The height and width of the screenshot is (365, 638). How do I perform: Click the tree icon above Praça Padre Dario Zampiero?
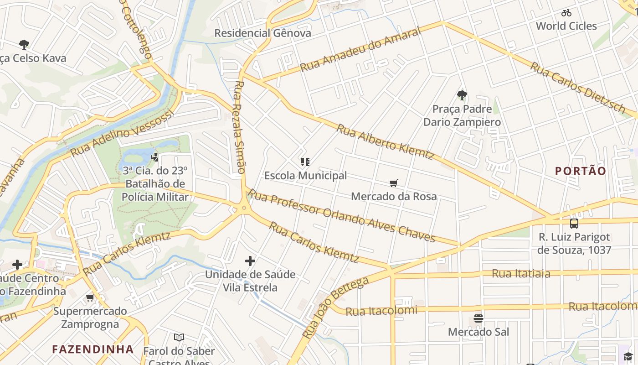[x=462, y=95]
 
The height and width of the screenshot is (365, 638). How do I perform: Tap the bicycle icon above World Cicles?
[x=566, y=13]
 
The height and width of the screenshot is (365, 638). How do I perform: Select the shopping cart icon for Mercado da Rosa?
[x=394, y=183]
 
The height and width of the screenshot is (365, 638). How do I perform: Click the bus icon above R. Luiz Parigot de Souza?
[x=574, y=224]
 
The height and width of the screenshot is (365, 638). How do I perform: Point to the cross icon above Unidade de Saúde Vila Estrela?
[x=250, y=261]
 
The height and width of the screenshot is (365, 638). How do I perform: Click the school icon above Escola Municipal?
[x=305, y=162]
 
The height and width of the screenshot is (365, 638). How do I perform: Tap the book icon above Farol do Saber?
[x=179, y=338]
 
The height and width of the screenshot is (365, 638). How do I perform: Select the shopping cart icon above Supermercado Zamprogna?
[x=90, y=298]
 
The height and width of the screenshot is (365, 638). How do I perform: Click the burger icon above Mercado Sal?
[x=478, y=318]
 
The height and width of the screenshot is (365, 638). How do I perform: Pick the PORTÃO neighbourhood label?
[x=581, y=171]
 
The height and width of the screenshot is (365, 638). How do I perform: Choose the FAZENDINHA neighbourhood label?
[x=93, y=349]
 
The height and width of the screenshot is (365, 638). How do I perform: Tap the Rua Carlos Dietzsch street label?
[x=577, y=87]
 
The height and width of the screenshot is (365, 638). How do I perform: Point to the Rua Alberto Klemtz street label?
[x=385, y=141]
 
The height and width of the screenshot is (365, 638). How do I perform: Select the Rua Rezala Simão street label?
[x=240, y=128]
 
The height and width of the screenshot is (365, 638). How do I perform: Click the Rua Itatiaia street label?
[x=521, y=274]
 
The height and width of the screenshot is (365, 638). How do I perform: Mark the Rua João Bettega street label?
[x=335, y=307]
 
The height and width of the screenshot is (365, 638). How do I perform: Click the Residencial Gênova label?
[x=263, y=33]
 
